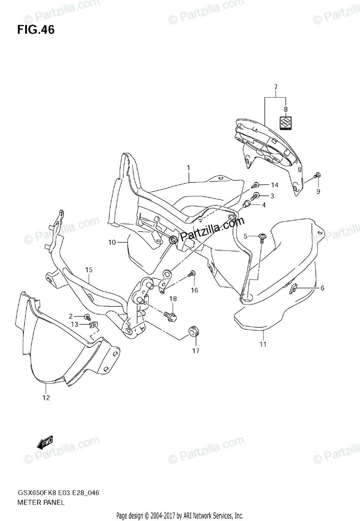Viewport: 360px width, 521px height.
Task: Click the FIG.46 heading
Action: (x=36, y=30)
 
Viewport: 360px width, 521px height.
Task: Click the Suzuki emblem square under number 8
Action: (x=285, y=123)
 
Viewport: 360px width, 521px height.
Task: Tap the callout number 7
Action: (x=275, y=87)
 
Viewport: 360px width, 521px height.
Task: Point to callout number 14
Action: (x=274, y=185)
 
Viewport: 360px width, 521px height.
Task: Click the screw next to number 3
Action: (x=256, y=196)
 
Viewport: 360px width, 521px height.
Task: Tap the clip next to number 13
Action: (x=93, y=324)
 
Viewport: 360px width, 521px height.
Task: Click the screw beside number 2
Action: (x=87, y=316)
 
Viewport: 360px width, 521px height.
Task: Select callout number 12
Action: (x=46, y=397)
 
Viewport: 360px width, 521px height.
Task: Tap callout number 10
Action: (x=112, y=242)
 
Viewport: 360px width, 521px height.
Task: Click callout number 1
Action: (x=189, y=167)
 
